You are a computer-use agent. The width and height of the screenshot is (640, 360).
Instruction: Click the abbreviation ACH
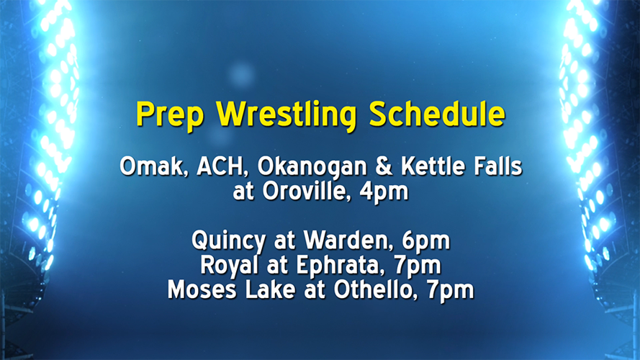209,168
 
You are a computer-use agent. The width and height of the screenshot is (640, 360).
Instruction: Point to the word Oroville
312,192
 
